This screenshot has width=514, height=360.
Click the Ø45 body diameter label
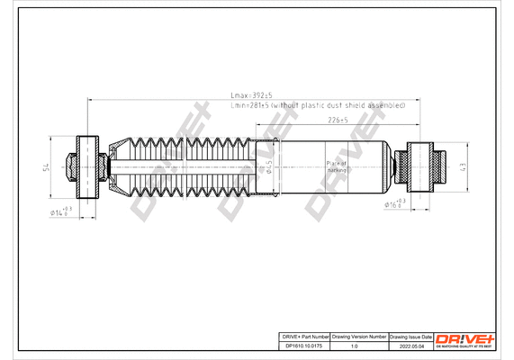click(x=268, y=165)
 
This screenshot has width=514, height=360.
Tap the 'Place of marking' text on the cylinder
click(x=337, y=166)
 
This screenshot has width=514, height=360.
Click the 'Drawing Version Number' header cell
click(x=359, y=335)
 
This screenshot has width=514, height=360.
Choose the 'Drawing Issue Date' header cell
click(x=410, y=335)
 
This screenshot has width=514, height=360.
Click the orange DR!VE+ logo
click(x=465, y=337)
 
